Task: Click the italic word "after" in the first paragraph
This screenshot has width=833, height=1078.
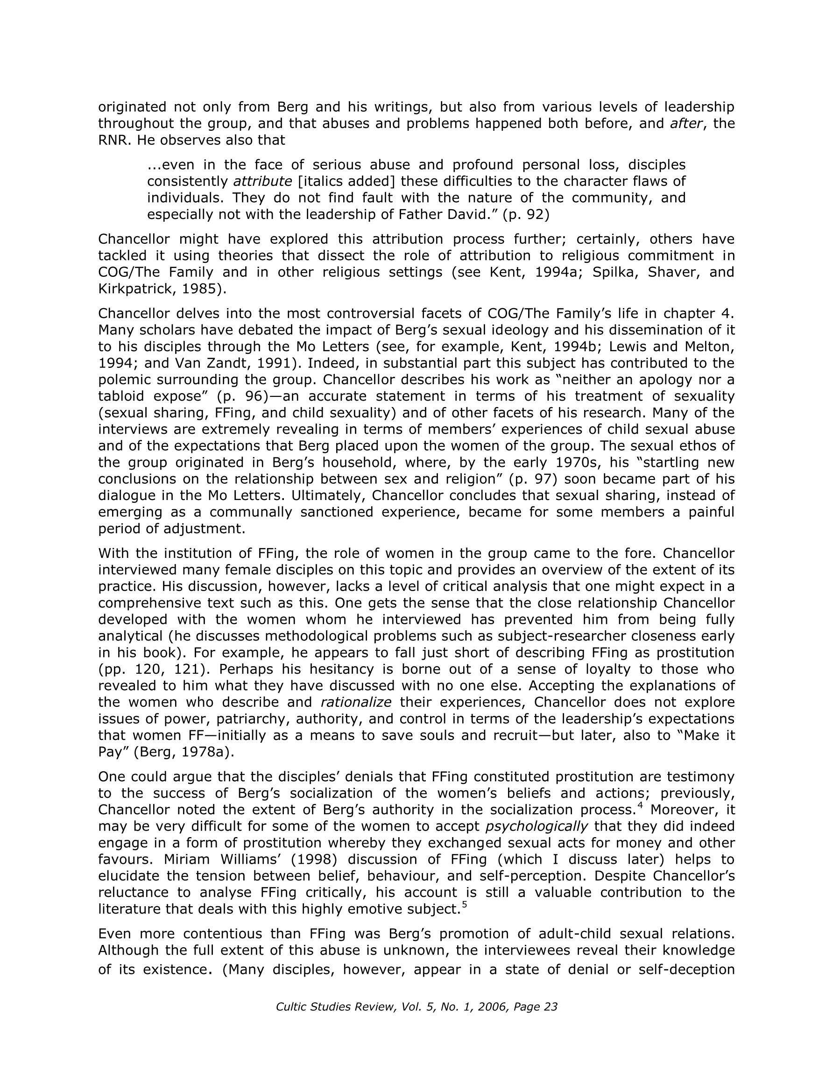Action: coord(686,123)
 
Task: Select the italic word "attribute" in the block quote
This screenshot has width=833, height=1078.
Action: coord(262,182)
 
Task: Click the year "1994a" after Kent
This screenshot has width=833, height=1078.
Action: coord(557,273)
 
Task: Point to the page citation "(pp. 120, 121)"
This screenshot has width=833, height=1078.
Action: coord(153,670)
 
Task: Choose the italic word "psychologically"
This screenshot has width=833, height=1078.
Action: coord(537,827)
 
